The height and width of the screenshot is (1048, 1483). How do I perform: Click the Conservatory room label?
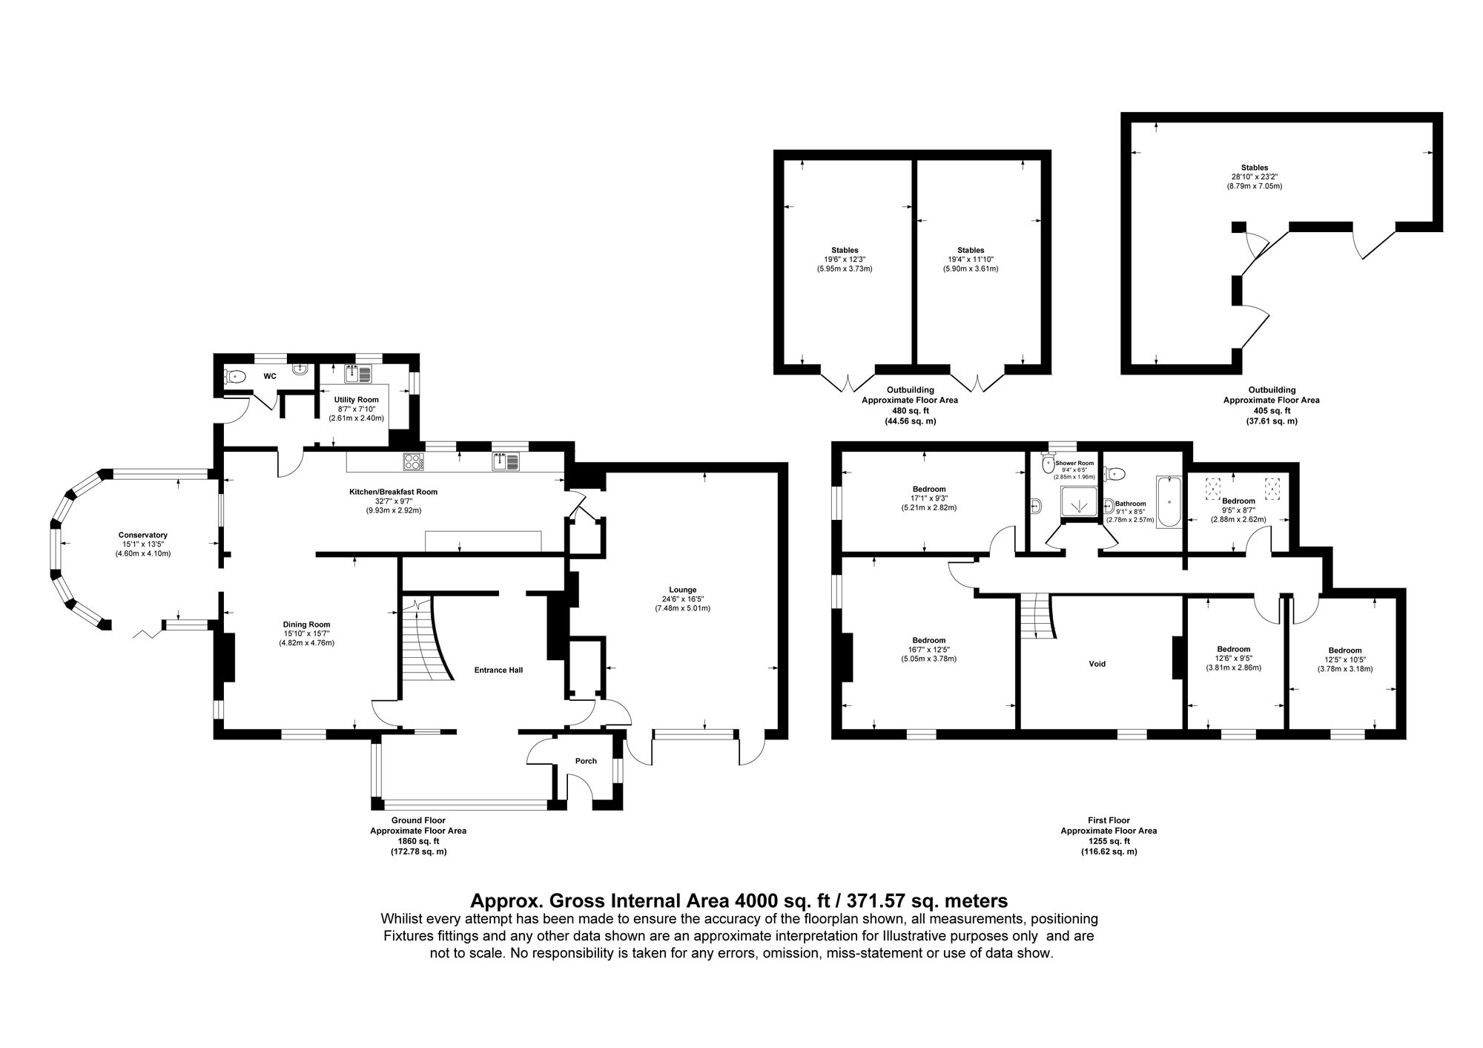point(142,535)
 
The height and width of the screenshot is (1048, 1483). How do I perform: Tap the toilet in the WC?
point(234,376)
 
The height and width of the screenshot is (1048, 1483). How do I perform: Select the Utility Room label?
point(357,400)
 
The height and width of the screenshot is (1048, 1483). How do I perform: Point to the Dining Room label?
point(306,624)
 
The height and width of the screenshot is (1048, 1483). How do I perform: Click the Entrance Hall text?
point(498,670)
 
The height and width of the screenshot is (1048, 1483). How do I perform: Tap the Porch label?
point(586,761)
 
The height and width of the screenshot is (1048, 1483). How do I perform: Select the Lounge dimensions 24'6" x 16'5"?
point(681,599)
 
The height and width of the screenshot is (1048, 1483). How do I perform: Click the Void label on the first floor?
point(1097,664)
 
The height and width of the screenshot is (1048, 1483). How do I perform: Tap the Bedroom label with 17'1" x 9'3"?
point(928,490)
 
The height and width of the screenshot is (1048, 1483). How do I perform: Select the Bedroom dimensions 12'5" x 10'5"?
point(1345,659)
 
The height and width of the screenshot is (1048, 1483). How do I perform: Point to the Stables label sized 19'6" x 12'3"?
point(845,250)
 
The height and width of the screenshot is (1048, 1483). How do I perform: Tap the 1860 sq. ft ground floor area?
point(418,842)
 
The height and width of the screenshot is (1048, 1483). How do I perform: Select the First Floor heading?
point(1109,820)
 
